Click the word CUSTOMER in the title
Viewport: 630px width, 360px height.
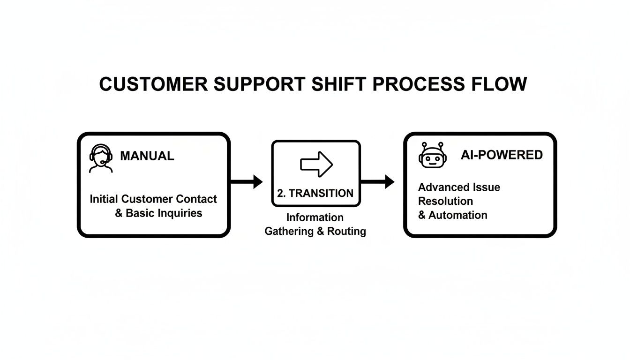click(x=154, y=84)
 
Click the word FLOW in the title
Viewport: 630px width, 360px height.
click(x=503, y=84)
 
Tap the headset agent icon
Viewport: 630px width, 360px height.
click(x=101, y=158)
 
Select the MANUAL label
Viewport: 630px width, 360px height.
click(x=147, y=156)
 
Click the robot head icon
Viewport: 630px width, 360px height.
click(x=431, y=155)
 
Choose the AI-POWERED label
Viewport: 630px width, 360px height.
click(x=502, y=155)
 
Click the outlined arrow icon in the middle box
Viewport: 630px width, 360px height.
click(x=316, y=164)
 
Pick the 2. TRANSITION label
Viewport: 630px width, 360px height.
click(x=315, y=193)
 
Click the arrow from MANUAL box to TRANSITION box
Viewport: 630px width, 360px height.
click(x=247, y=181)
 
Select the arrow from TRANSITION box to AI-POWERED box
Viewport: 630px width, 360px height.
click(x=377, y=181)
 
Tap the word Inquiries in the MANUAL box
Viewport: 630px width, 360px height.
click(x=180, y=213)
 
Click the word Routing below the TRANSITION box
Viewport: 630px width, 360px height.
click(x=347, y=231)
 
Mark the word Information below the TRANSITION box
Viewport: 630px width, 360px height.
click(x=315, y=217)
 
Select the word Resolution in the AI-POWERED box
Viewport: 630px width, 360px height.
click(x=445, y=201)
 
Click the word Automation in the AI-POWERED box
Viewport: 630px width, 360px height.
click(x=458, y=215)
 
